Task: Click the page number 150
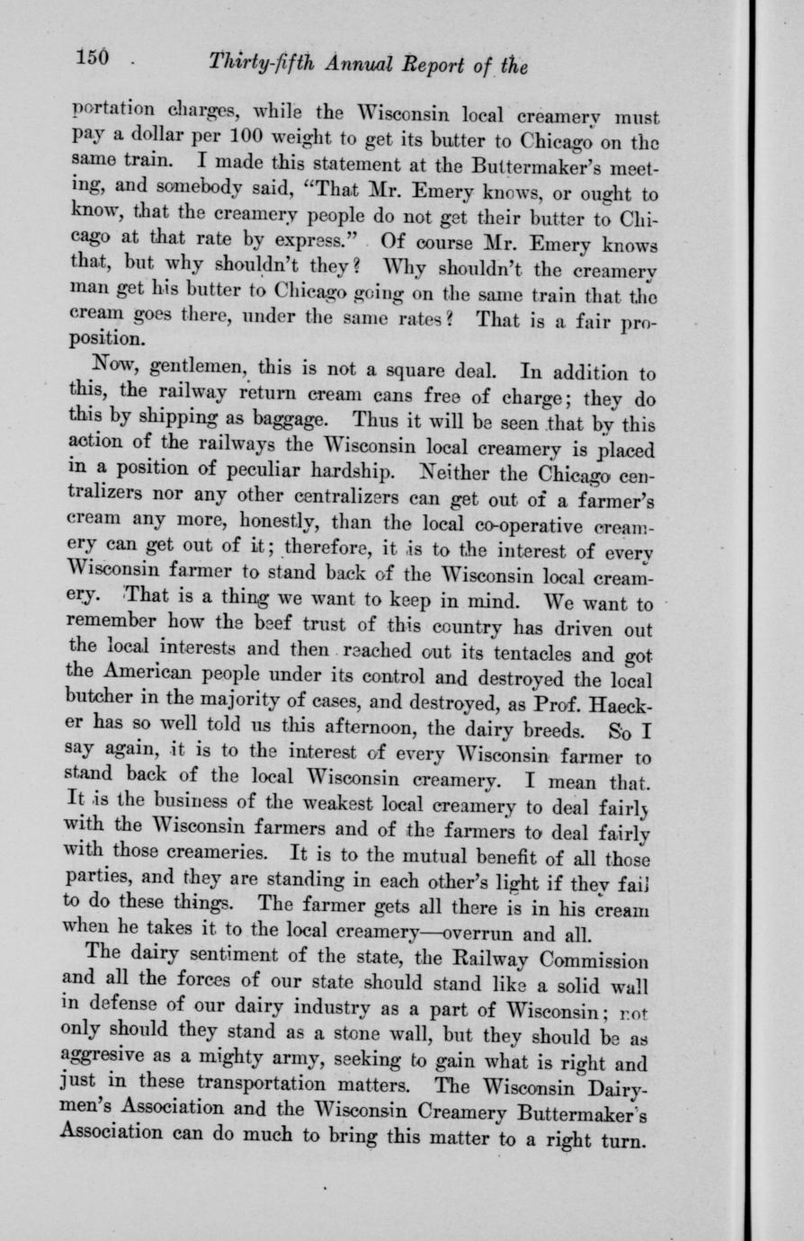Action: [x=91, y=58]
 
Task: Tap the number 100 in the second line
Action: [x=246, y=139]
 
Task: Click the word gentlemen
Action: [x=194, y=369]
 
